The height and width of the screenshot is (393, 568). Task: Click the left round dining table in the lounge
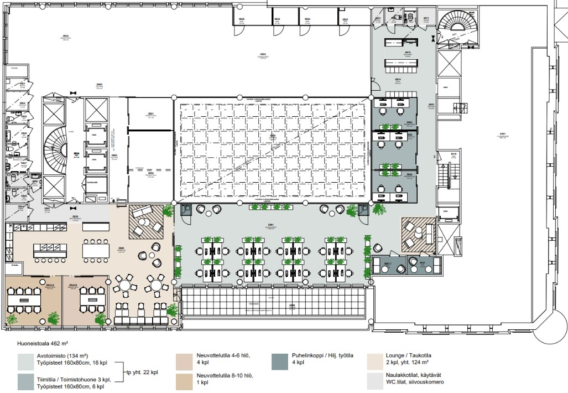coord(126,286)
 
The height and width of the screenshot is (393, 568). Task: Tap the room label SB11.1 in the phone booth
coord(387,263)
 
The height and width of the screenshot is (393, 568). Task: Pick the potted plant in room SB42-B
coord(100,319)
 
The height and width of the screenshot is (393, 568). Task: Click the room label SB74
coord(398,80)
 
